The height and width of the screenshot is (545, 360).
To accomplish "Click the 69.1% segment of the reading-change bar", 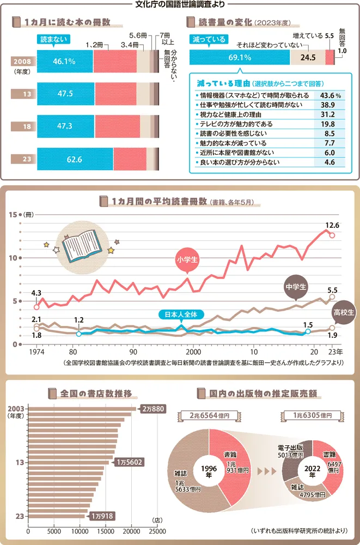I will coord(240,57).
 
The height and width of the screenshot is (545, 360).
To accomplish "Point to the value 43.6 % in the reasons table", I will coord(331,95).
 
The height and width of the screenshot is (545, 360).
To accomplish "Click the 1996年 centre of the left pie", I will coord(209,469).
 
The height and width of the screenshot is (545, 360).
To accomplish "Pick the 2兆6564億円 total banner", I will coord(209,416).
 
